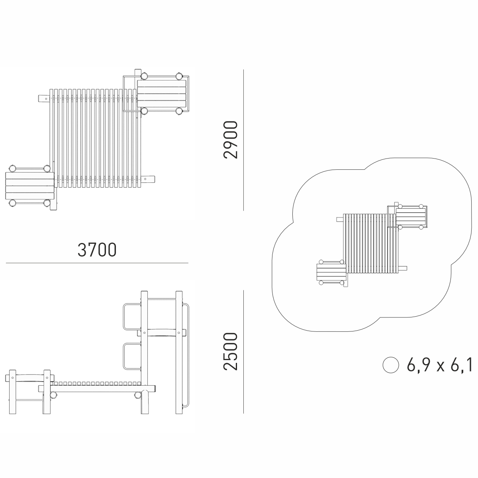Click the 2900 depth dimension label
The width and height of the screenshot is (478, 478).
point(231,140)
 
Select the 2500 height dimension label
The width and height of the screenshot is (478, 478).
point(231,351)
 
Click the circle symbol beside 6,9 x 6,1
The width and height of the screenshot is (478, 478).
point(391,365)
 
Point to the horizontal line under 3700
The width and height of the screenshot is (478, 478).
point(97,263)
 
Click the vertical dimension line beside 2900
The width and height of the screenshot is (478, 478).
point(244,140)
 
